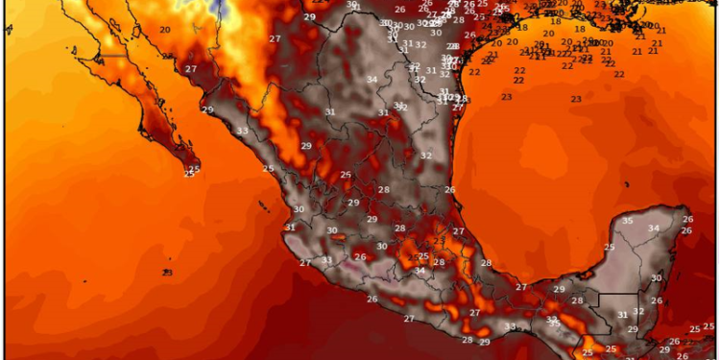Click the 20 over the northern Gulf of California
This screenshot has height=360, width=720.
tap(165, 30)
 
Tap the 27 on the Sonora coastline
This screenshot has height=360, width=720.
tap(191, 69)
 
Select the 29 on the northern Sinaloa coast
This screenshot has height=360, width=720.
tap(207, 109)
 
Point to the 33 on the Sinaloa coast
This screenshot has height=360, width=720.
tap(242, 131)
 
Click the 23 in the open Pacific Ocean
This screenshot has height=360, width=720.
tap(167, 273)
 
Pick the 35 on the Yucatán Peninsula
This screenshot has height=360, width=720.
tap(627, 221)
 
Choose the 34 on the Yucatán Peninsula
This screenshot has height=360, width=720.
tap(653, 228)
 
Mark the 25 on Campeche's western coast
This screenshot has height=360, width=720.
tap(609, 248)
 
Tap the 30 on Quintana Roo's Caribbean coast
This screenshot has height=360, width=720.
tap(657, 278)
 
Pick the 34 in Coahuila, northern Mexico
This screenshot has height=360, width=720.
tap(372, 79)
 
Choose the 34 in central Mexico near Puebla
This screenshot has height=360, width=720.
tap(420, 271)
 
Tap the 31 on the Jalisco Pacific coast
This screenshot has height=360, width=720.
tap(290, 228)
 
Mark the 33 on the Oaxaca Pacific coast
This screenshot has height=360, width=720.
tap(510, 326)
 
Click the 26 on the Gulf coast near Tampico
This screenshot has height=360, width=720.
tap(449, 190)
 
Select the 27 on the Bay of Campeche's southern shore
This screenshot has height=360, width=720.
tap(521, 287)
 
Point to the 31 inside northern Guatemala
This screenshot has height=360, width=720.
tap(622, 315)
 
